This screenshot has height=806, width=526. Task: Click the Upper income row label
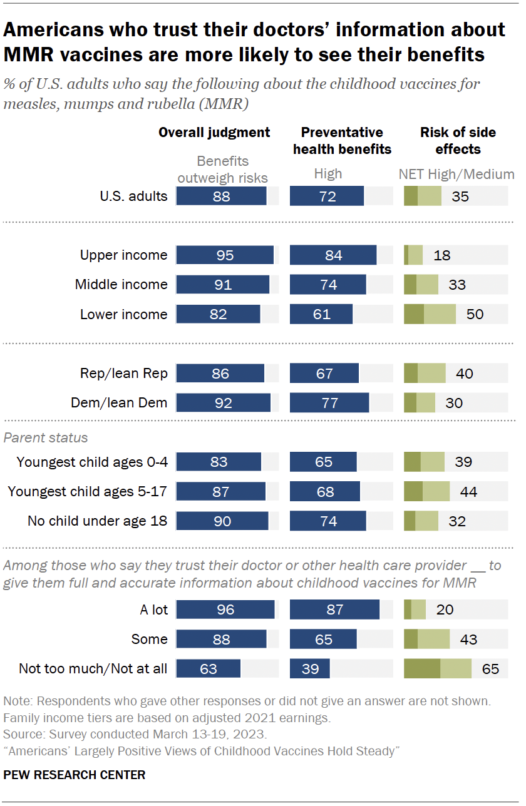pos(123,255)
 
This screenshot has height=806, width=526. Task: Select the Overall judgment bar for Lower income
pos(218,314)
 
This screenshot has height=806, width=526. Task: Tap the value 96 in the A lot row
pos(225,610)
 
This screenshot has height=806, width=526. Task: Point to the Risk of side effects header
pos(458,141)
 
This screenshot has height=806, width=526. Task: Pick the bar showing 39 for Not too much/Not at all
pos(309,669)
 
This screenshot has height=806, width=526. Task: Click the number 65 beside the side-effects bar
pos(490,669)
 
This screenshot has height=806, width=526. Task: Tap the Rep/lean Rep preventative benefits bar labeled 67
pos(324,374)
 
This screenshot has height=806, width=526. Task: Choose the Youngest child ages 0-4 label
pos(92,462)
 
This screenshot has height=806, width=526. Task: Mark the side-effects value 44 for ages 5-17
pos(468,492)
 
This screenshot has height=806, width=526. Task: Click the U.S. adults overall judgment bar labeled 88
pos(221,196)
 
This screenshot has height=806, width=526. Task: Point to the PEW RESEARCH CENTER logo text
pos(75,775)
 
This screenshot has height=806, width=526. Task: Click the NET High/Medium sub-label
pos(456,175)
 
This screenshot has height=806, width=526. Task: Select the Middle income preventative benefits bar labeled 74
pos(327,285)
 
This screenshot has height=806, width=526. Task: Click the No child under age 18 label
pos(97,521)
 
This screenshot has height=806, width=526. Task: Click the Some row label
pos(149,639)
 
